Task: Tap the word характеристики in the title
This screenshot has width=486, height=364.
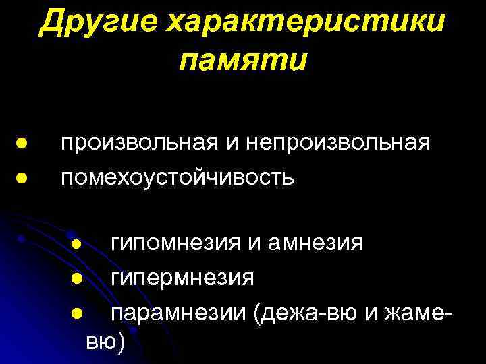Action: click(308, 24)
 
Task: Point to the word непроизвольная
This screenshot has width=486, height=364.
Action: click(337, 143)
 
